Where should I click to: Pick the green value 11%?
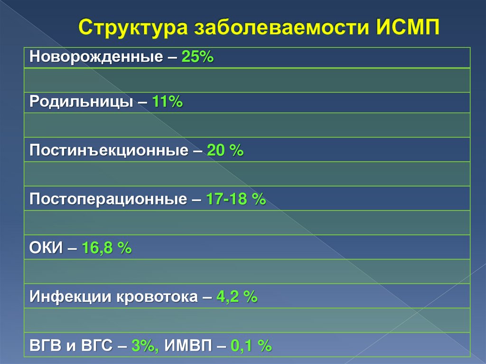[168, 102]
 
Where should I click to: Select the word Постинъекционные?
[109, 151]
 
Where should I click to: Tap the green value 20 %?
[225, 151]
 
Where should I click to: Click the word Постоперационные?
[108, 199]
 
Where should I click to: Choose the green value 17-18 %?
[236, 199]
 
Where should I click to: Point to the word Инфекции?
[67, 298]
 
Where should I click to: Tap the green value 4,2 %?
[237, 298]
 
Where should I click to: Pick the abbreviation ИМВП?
[186, 346]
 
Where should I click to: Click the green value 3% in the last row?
[146, 346]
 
